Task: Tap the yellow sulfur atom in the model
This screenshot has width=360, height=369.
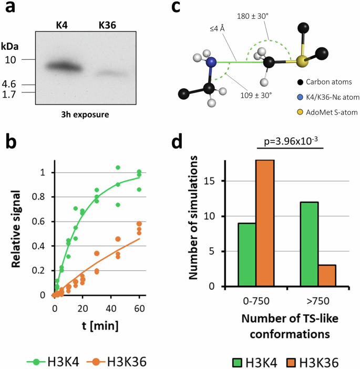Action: (x=301, y=62)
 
